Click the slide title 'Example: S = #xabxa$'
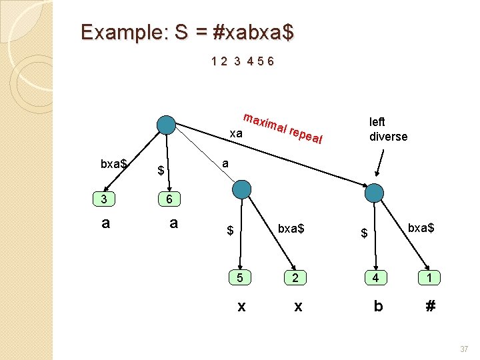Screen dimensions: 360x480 [186, 32]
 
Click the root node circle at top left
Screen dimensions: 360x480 [165, 125]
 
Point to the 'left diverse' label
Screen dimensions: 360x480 [388, 129]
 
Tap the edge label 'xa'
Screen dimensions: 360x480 [235, 134]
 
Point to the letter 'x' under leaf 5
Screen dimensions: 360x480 [241, 306]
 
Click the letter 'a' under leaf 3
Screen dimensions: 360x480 [105, 223]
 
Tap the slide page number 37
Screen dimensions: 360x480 [463, 349]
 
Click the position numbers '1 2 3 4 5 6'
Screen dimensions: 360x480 [242, 62]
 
